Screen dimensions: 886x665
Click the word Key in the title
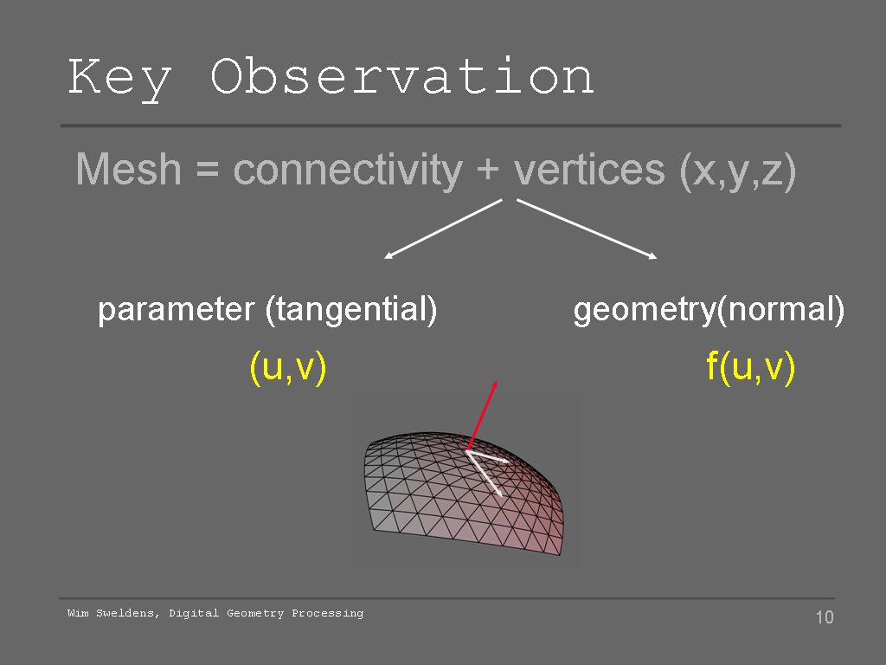119,78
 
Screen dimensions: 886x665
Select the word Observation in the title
401,75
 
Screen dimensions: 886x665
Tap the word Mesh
128,169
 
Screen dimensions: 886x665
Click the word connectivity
348,171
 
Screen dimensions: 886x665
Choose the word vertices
588,169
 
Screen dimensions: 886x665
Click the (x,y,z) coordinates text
738,171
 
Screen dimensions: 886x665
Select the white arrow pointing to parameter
443,229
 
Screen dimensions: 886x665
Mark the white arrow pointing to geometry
587,229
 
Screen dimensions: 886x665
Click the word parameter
177,311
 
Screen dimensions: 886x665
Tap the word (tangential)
351,311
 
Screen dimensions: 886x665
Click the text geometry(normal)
709,311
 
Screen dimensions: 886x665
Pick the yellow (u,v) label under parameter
288,367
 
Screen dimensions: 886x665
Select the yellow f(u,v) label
751,367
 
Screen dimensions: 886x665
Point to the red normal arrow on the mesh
481,416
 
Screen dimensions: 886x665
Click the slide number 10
825,617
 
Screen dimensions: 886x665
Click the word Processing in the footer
328,614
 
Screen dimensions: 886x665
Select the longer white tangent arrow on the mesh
485,474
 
